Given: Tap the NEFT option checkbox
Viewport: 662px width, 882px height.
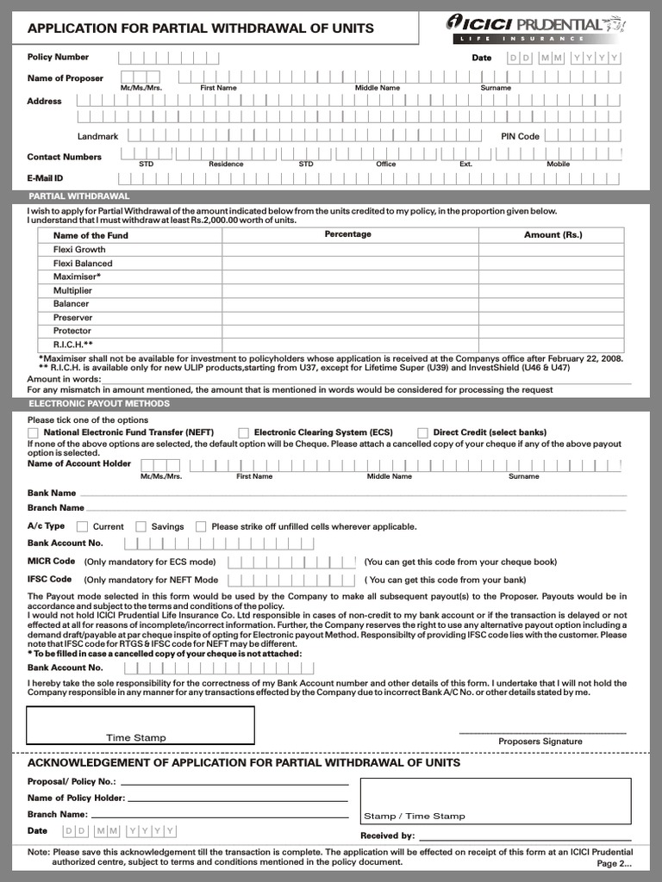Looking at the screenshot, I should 33,432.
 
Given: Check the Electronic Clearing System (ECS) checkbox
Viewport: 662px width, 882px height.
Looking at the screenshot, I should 244,432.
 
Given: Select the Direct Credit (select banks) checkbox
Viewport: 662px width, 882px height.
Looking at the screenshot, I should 422,432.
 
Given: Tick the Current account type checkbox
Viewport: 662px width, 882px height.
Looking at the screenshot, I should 83,526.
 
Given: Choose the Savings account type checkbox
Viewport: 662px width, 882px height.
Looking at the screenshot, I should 141,526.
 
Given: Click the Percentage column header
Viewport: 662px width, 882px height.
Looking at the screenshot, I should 347,234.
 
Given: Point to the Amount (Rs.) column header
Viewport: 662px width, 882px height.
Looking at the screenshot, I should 553,234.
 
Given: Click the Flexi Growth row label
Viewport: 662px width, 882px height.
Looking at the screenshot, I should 79,249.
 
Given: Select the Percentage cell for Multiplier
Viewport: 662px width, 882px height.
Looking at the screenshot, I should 347,290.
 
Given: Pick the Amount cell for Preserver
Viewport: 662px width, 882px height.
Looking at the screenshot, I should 552,317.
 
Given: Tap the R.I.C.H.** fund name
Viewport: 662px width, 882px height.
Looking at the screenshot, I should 72,345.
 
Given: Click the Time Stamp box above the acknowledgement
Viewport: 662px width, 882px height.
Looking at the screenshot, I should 141,724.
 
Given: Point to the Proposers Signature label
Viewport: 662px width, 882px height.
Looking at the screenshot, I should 540,741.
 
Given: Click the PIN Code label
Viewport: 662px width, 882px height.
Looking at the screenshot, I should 520,136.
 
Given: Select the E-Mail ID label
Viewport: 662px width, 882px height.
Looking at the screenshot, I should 46,178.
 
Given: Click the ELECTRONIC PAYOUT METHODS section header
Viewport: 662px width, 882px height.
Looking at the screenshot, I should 99,403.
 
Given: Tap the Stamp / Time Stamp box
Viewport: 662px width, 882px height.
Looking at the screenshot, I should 495,801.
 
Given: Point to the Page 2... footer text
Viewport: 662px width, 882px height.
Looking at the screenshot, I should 614,863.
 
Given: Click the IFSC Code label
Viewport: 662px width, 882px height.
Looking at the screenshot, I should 49,580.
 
